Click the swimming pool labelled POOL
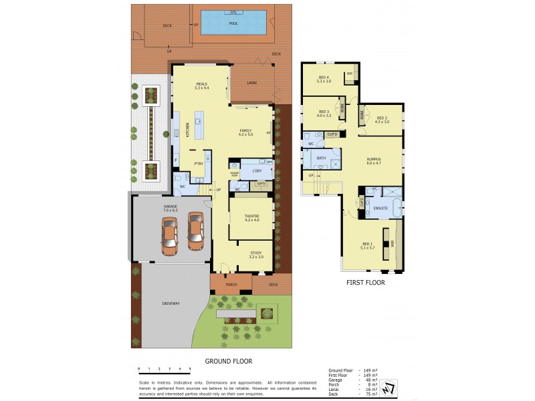point(233,23)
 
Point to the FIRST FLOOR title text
point(364,282)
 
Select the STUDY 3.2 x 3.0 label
point(256,255)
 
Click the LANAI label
point(251,84)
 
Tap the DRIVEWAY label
point(171,303)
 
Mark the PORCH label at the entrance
point(231,284)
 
